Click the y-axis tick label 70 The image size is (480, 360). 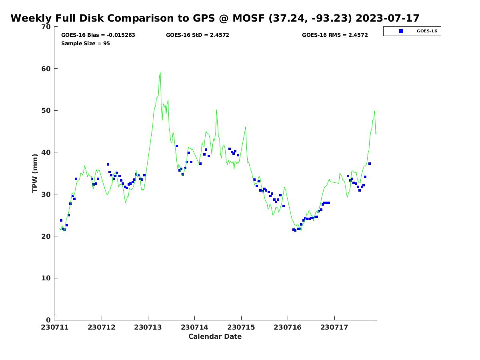click(46, 27)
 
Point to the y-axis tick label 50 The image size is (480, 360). click(46, 111)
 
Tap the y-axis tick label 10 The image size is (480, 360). click(46, 278)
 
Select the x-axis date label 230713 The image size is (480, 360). click(148, 327)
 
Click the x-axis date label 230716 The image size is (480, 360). click(288, 327)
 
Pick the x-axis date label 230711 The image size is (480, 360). click(55, 327)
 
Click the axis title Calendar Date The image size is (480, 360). click(215, 336)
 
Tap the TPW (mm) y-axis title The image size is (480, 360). click(35, 173)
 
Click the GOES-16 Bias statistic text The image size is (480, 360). click(98, 35)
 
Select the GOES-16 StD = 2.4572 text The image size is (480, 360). click(198, 35)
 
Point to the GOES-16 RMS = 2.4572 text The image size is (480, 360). click(335, 35)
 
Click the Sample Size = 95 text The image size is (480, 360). click(86, 44)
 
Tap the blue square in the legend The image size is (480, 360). click(401, 31)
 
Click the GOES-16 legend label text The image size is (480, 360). click(427, 31)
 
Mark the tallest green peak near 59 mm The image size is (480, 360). click(160, 73)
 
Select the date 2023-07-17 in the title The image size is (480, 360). click(387, 18)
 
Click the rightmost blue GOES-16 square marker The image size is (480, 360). click(370, 164)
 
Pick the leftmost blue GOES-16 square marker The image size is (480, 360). click(61, 220)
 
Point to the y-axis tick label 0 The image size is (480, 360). click(48, 320)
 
